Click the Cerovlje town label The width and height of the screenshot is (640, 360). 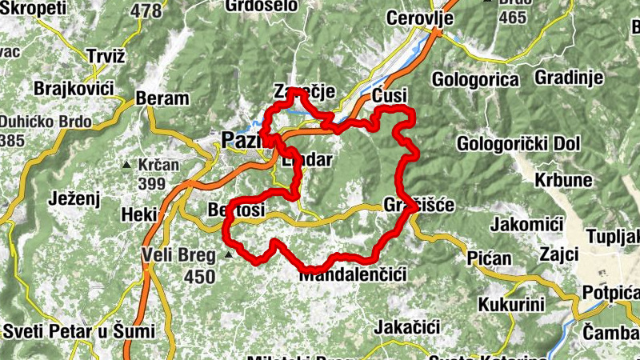420,18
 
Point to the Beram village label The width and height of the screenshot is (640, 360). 162,98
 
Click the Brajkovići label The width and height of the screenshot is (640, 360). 75,87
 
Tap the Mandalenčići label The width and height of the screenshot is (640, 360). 353,274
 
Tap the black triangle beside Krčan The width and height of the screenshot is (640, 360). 126,165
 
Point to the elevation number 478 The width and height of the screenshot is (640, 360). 145,10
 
